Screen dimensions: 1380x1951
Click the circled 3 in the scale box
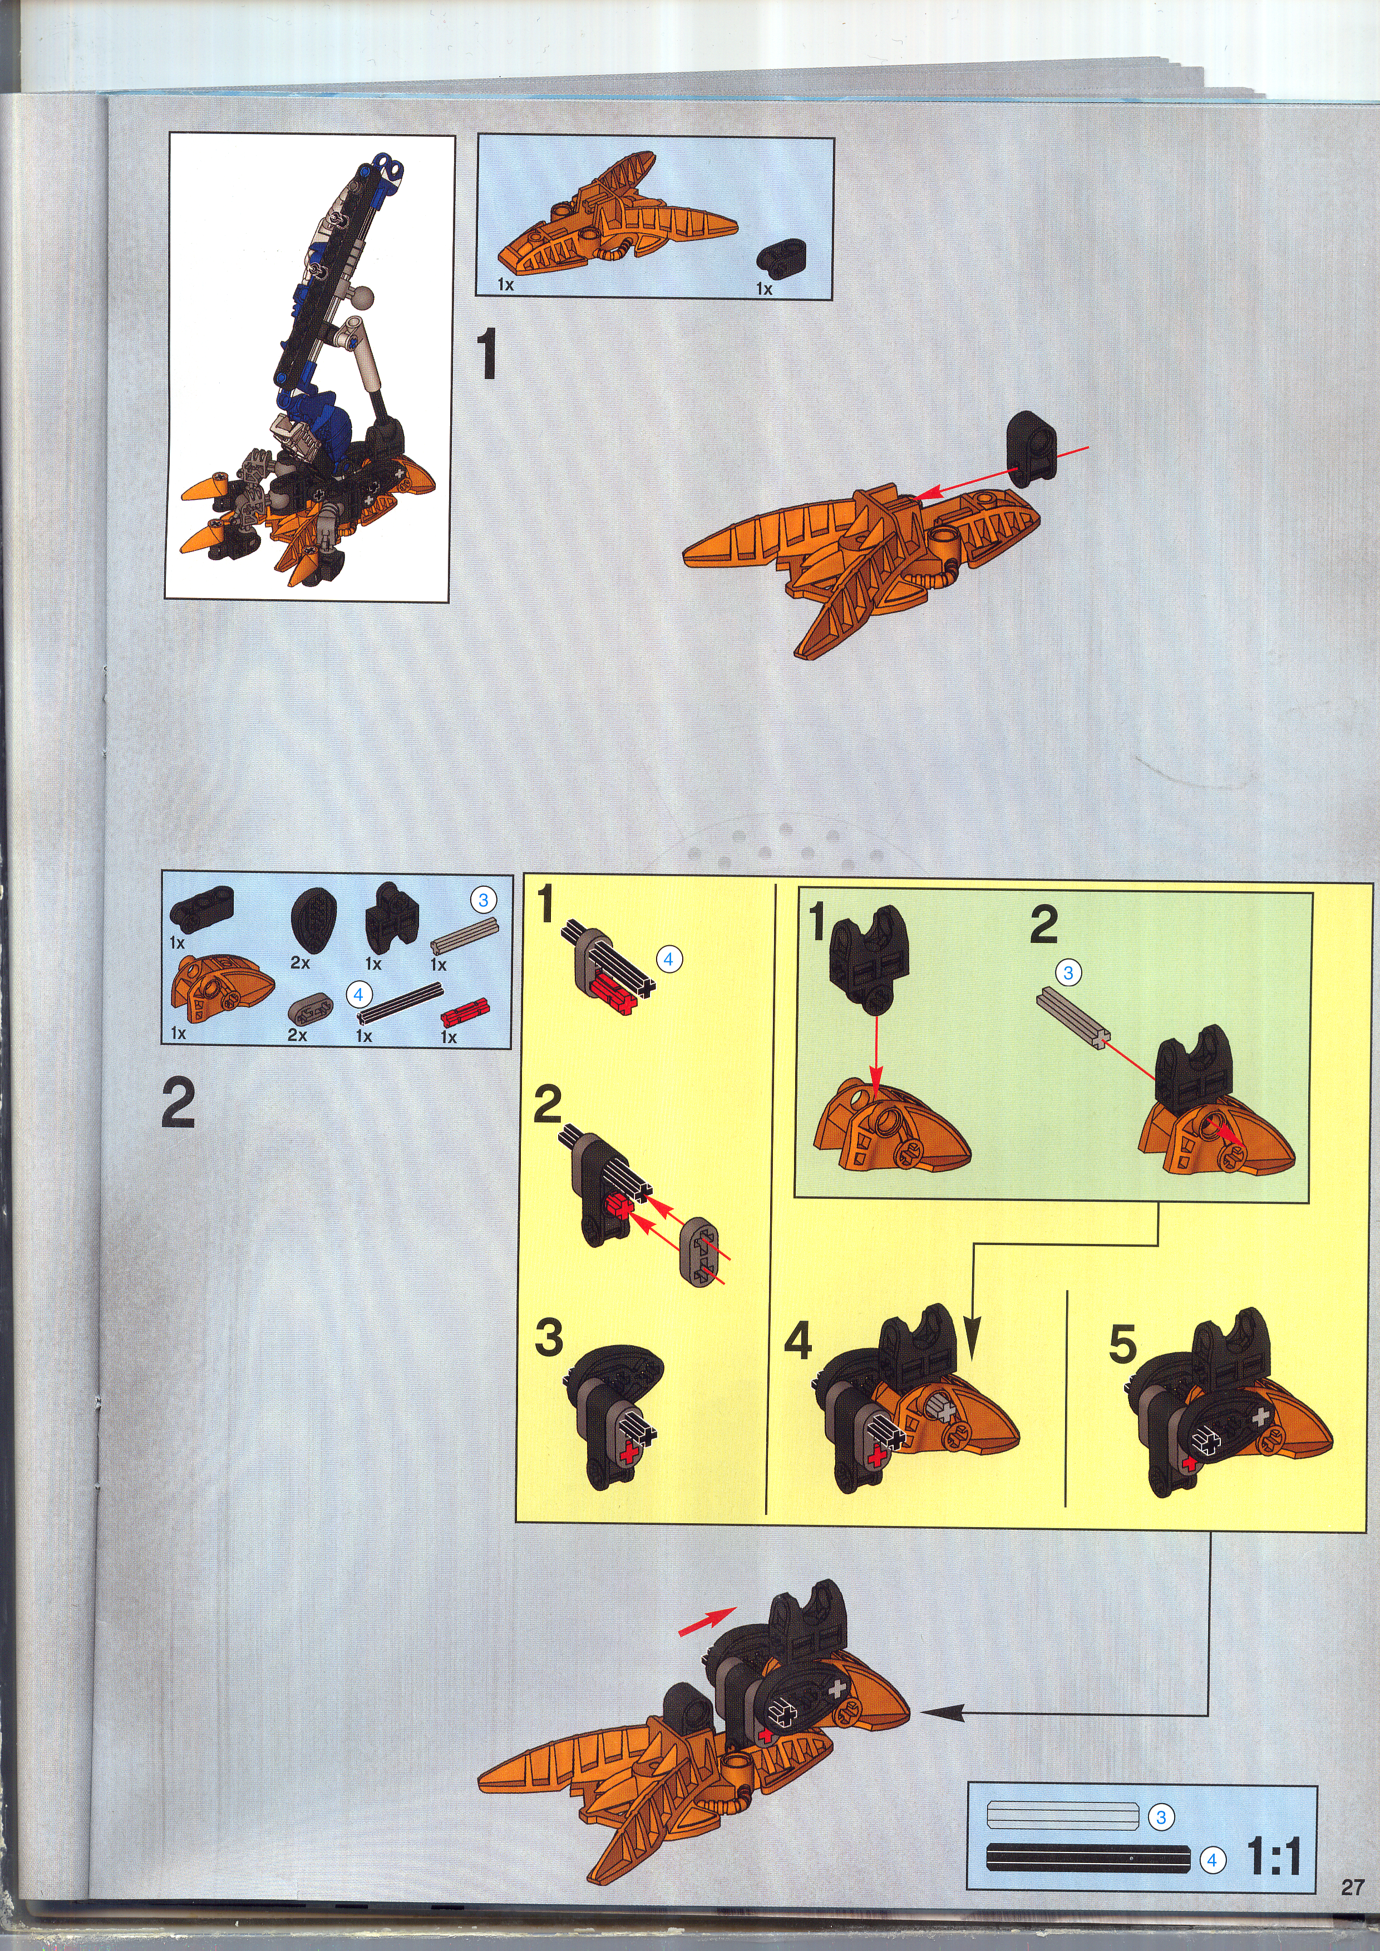click(x=1161, y=1817)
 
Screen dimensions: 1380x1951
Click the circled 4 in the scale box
click(x=1212, y=1860)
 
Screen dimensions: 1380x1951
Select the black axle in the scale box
click(x=1088, y=1859)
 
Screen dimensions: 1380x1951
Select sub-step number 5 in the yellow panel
click(x=1122, y=1344)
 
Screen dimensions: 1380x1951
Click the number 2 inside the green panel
click(x=1044, y=925)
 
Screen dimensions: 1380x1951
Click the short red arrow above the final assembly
click(x=707, y=1621)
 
